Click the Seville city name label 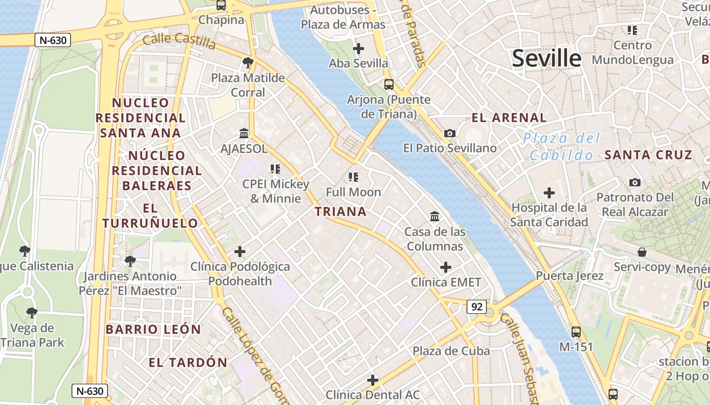point(546,59)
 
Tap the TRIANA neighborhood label point(341,212)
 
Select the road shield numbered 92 point(477,307)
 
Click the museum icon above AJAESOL point(244,134)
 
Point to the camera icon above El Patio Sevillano point(449,134)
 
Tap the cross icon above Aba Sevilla point(359,49)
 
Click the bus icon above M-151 point(576,332)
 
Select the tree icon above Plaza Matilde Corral point(248,63)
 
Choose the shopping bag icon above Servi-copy point(642,252)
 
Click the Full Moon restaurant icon point(353,177)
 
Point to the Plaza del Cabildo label point(561,146)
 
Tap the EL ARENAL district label point(509,118)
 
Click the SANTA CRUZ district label point(648,155)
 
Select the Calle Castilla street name point(179,40)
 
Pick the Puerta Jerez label point(570,276)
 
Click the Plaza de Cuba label point(451,351)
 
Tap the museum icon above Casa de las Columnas point(435,217)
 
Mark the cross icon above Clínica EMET point(446,267)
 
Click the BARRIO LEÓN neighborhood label point(153,329)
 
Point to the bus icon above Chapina point(221,6)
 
